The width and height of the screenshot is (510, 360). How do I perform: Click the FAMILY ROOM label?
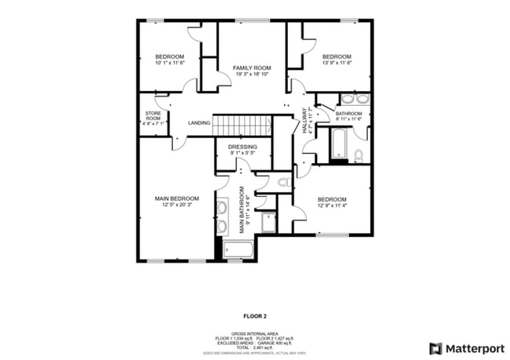[251, 68]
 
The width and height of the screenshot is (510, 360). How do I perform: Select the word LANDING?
[199, 122]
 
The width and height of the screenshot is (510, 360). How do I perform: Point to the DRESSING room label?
[242, 147]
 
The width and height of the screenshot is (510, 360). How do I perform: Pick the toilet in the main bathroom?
[283, 182]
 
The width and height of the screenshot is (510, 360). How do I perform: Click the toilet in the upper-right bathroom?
[359, 155]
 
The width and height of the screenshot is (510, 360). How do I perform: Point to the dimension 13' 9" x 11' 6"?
[336, 63]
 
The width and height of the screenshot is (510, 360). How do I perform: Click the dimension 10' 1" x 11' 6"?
[169, 63]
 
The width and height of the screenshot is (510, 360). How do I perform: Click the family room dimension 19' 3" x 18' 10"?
[251, 75]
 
